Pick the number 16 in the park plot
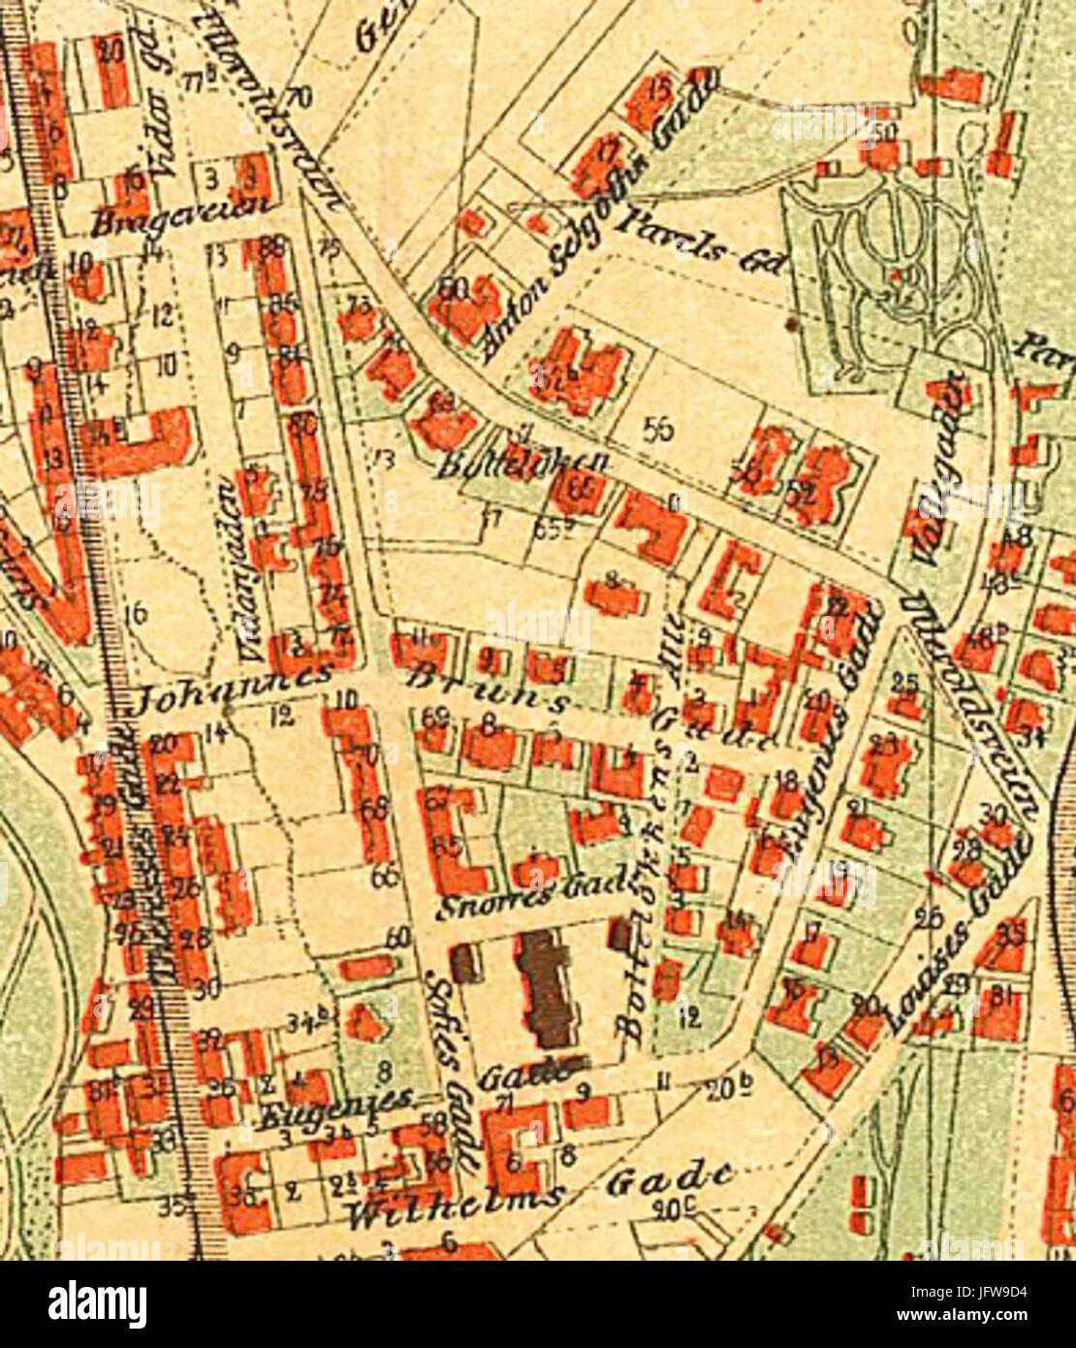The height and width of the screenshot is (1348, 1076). pyautogui.click(x=135, y=614)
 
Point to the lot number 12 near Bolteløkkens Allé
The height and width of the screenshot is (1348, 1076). pyautogui.click(x=689, y=1017)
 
